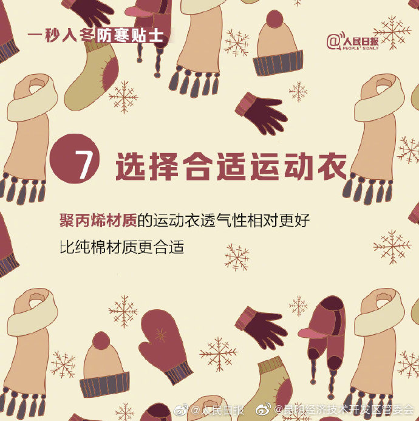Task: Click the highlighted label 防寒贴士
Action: tap(131, 34)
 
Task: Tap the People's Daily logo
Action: tap(353, 41)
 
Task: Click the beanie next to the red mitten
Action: tap(104, 365)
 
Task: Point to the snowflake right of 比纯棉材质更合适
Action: tap(237, 257)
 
